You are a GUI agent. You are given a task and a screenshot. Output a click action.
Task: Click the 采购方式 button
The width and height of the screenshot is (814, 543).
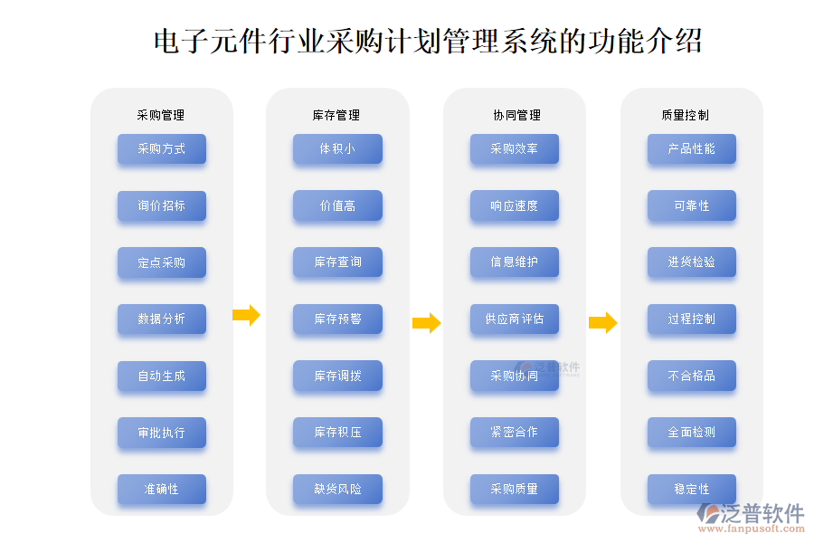pos(162,149)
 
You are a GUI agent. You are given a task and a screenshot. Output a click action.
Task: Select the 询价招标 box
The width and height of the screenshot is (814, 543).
pos(162,205)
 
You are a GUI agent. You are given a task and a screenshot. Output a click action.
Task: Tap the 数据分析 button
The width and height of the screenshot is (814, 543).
pos(162,319)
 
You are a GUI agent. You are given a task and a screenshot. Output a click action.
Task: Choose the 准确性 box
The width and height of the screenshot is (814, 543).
pos(162,489)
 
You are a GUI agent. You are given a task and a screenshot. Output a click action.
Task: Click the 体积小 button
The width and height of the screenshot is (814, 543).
pos(337,149)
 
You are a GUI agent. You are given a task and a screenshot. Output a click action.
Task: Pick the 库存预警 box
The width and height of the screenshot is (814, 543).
pos(337,319)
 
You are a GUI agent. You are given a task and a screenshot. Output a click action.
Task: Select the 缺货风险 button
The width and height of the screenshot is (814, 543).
pos(337,489)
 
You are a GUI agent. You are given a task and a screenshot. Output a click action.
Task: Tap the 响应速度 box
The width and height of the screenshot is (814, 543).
pos(515,205)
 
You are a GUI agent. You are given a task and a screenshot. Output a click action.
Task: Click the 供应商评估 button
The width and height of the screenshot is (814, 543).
pos(515,319)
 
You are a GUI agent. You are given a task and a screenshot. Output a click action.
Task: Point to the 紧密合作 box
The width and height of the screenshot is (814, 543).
pos(515,432)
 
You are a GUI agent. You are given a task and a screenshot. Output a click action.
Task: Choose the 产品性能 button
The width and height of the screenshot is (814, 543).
pos(692,149)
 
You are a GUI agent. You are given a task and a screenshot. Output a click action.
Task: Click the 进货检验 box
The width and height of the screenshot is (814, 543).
pos(692,262)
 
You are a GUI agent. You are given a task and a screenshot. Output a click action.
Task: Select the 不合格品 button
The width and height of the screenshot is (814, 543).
pos(692,376)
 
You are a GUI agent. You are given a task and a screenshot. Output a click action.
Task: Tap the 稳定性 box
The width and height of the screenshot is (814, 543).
pos(692,489)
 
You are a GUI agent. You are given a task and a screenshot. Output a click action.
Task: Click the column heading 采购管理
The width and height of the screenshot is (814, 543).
pos(161,115)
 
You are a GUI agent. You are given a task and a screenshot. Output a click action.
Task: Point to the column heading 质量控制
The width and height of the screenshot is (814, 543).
pos(692,115)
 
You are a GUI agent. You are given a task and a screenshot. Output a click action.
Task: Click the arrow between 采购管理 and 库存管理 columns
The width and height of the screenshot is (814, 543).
pos(246,315)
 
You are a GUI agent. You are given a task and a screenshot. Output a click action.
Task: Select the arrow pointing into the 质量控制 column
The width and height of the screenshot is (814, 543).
pos(602,322)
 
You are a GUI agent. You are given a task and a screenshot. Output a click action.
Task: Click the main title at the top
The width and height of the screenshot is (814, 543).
pos(428,41)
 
